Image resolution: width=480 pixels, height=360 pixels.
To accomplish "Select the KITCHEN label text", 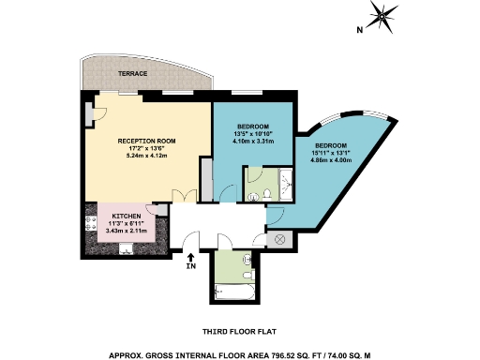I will coord(127,216).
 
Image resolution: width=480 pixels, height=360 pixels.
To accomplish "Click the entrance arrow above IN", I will coord(191,257).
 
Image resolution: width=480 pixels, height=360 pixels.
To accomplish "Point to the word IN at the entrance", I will coord(191,268).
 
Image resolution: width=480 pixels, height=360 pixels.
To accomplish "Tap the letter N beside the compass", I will coord(359,29).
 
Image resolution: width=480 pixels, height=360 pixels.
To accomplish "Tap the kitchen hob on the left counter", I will coord(92,224).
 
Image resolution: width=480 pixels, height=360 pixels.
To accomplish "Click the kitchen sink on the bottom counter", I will coord(127,249).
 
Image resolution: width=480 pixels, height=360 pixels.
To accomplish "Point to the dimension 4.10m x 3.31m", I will coord(253,142).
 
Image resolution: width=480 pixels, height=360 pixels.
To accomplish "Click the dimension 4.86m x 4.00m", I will coord(329,160).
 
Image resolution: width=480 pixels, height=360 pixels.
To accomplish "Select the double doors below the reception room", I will coord(187,196).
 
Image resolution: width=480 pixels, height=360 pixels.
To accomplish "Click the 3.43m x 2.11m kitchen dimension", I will coord(127,231).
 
